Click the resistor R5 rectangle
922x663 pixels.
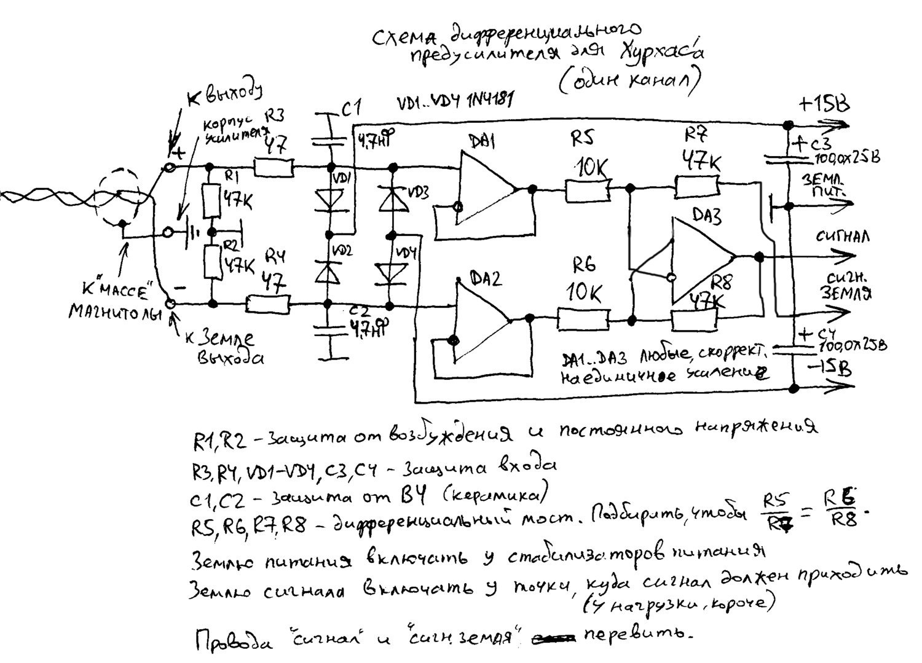pos(588,190)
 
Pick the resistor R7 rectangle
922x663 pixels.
pos(697,184)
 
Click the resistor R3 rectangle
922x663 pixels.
pos(274,168)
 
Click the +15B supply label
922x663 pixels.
pos(824,104)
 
